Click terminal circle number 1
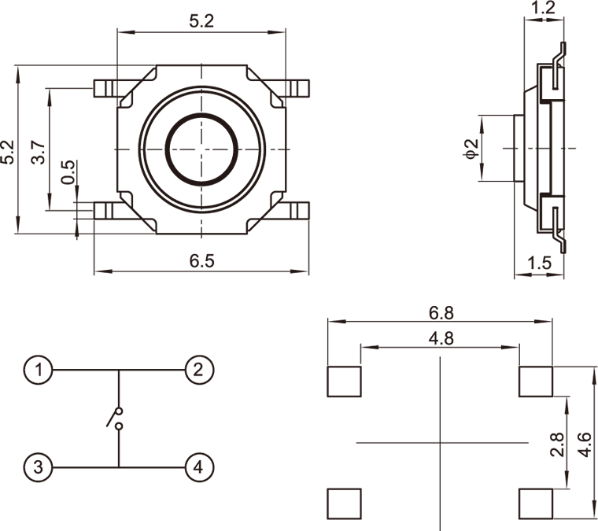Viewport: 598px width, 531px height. coord(39,368)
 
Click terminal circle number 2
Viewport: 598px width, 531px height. coord(198,368)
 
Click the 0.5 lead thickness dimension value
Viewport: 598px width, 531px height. coord(68,173)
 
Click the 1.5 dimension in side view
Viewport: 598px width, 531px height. coord(540,264)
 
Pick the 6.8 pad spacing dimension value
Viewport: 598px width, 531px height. coord(441,312)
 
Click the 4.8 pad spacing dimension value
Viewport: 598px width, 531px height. coord(441,337)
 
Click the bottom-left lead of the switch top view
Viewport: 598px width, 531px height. coord(104,210)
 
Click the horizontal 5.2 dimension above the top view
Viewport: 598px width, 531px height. coord(201,22)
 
